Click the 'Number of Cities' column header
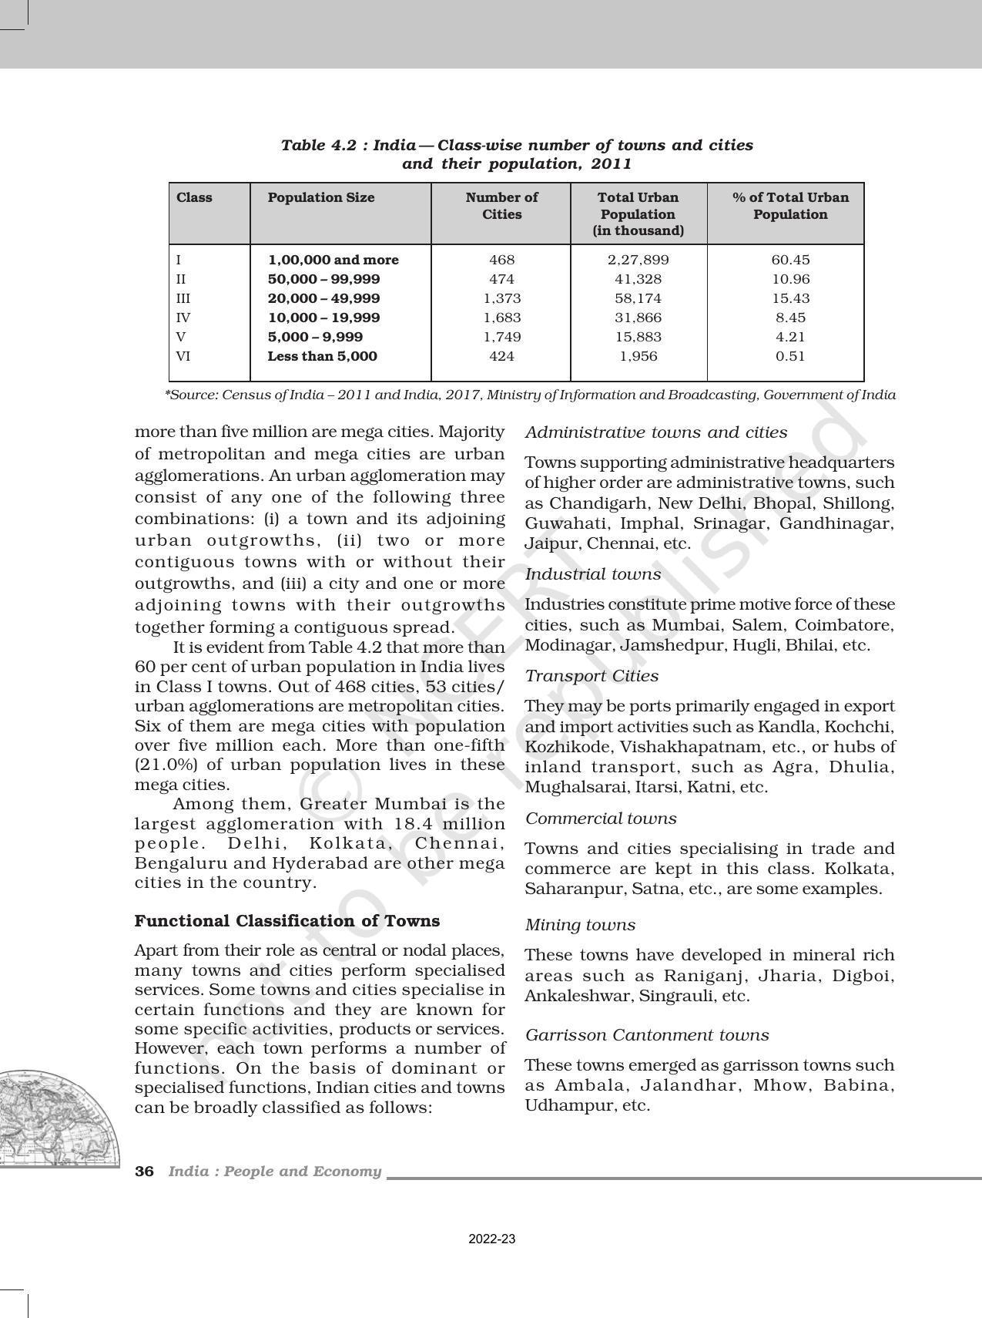[x=501, y=206]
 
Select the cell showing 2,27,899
[x=638, y=260]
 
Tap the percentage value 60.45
[x=790, y=260]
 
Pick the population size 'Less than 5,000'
[x=322, y=356]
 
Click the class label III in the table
[x=183, y=298]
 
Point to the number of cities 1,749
[x=501, y=337]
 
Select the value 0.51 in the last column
[x=790, y=356]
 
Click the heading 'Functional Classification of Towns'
[x=287, y=921]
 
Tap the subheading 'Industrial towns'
[x=592, y=574]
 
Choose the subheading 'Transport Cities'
[x=592, y=676]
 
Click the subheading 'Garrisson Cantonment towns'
[x=647, y=1035]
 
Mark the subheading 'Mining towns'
[x=580, y=925]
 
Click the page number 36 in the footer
[x=144, y=1172]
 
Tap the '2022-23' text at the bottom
[x=491, y=1239]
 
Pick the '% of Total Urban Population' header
[x=790, y=206]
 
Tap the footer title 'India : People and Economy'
[x=275, y=1172]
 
